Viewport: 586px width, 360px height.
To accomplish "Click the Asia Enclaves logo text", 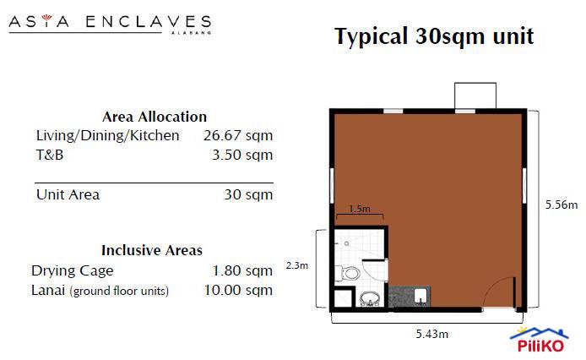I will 110,22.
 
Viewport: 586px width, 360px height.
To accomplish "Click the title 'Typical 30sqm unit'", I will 433,37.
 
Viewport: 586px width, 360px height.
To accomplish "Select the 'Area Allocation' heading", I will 154,117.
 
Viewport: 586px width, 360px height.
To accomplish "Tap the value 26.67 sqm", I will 238,135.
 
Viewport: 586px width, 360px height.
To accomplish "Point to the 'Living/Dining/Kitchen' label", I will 107,135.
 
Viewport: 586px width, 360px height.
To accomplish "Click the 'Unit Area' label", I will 68,194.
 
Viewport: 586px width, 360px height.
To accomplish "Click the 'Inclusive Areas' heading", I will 152,250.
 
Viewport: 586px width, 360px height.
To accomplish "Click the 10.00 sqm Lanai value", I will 238,290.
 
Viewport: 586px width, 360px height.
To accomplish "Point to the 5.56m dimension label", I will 562,205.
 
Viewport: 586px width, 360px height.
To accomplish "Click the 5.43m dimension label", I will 431,334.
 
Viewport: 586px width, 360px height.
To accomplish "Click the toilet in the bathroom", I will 350,272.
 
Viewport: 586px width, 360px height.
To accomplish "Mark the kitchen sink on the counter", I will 421,296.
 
